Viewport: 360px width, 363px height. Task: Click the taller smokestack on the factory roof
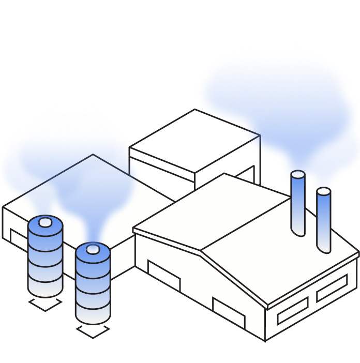point(297,204)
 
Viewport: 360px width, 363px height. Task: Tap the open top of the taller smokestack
point(298,175)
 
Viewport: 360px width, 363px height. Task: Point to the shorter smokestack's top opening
point(324,192)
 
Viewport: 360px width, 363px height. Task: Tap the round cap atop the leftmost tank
point(46,223)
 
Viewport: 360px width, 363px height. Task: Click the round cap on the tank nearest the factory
point(93,250)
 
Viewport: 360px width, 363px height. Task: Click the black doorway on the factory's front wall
point(163,276)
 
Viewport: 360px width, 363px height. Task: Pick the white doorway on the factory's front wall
point(228,312)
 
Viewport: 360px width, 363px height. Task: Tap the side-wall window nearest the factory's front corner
point(293,310)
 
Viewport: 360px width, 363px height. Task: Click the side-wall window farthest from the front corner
point(332,289)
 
